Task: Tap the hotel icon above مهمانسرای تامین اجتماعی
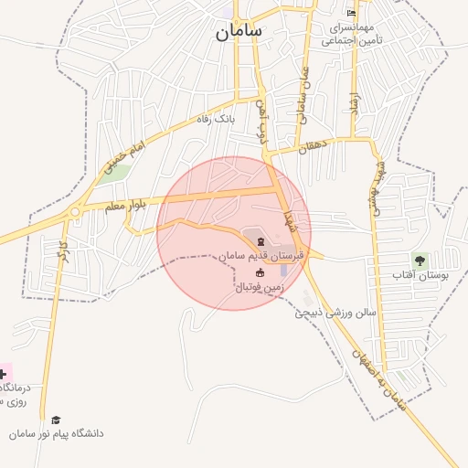click(351, 13)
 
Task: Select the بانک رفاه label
click(218, 119)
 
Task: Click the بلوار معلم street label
click(124, 206)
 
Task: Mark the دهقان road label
click(313, 144)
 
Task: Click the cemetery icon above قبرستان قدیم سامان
click(262, 242)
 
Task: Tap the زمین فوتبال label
click(261, 288)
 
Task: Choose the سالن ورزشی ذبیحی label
click(335, 313)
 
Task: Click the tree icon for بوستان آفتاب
click(419, 261)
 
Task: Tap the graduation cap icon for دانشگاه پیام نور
click(56, 420)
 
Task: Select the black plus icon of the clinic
click(3, 374)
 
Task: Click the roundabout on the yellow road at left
click(74, 212)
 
